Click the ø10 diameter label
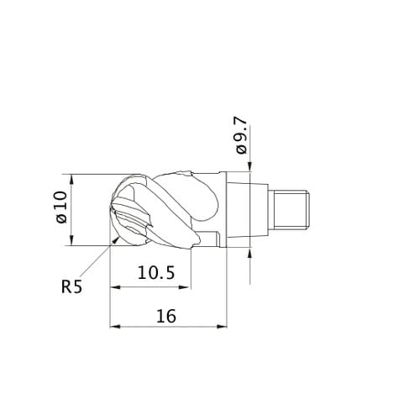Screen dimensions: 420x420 (62, 207)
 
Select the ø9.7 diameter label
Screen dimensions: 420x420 (242, 136)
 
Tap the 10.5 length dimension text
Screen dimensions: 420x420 (156, 272)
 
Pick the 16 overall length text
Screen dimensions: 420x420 (166, 316)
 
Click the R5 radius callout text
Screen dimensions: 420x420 (71, 286)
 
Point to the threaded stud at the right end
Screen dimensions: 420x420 (291, 209)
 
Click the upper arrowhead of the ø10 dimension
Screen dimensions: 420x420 (72, 179)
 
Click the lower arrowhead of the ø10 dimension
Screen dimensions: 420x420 (72, 240)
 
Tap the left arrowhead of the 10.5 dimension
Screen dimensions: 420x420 (115, 287)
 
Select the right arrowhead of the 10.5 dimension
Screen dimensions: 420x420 (186, 287)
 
